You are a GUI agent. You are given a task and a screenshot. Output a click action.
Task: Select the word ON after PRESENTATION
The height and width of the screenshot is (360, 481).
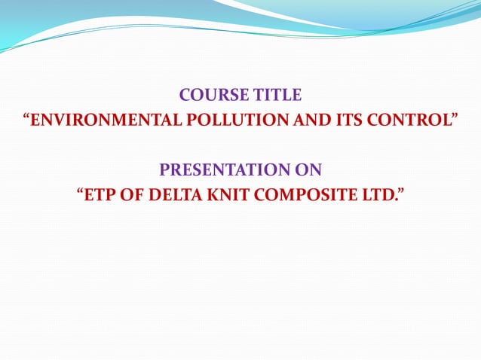tap(308, 169)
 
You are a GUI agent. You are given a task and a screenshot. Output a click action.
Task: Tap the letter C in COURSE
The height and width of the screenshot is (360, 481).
tap(185, 96)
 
